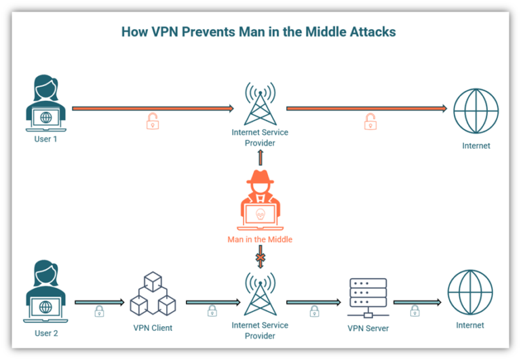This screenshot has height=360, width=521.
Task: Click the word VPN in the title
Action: pyautogui.click(x=165, y=32)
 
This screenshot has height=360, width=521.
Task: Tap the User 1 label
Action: pyautogui.click(x=45, y=139)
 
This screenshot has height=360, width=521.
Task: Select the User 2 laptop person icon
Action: pyautogui.click(x=45, y=291)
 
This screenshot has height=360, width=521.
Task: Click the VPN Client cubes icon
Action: pyautogui.click(x=153, y=294)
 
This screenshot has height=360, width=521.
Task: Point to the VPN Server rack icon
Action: pyautogui.click(x=368, y=298)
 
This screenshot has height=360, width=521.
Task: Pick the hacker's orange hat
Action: pyautogui.click(x=260, y=178)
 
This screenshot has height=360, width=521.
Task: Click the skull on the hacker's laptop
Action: pyautogui.click(x=260, y=214)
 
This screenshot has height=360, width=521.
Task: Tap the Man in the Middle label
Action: pyautogui.click(x=260, y=239)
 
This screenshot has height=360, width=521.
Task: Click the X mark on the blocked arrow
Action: pyautogui.click(x=260, y=258)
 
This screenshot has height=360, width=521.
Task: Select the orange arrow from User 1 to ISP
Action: pyautogui.click(x=153, y=108)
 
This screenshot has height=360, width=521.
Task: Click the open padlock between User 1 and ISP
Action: pyautogui.click(x=153, y=121)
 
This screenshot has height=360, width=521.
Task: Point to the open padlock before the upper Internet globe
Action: pyautogui.click(x=370, y=121)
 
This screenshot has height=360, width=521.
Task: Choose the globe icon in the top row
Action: pyautogui.click(x=476, y=111)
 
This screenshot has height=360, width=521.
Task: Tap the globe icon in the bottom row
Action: pyautogui.click(x=470, y=292)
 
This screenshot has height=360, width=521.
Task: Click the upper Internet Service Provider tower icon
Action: pyautogui.click(x=260, y=103)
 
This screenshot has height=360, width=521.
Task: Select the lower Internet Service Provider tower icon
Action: pyautogui.click(x=260, y=294)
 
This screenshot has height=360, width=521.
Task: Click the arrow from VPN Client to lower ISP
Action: pyautogui.click(x=213, y=302)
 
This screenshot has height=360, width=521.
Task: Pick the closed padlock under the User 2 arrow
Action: pyautogui.click(x=99, y=311)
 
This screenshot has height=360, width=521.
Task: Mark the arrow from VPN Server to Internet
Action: pyautogui.click(x=417, y=302)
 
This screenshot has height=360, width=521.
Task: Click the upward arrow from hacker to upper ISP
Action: pyautogui.click(x=260, y=157)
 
